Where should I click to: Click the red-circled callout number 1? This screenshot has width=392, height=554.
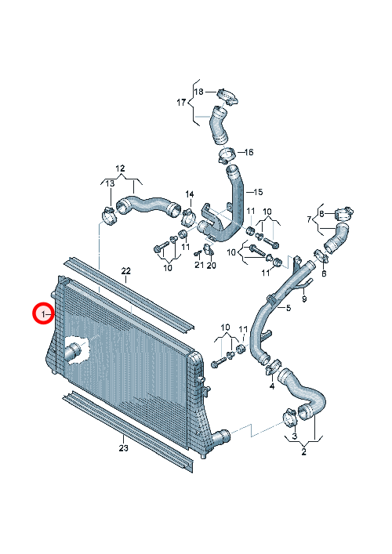[43, 313]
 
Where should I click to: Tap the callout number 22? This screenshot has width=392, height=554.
[126, 271]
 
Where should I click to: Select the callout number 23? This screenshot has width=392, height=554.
[123, 448]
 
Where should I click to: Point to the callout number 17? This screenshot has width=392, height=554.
[181, 103]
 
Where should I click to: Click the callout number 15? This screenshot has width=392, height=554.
[259, 192]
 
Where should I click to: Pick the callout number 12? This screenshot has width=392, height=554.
[120, 168]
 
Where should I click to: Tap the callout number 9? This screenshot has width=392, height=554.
[304, 299]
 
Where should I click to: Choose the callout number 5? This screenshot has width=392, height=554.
[289, 308]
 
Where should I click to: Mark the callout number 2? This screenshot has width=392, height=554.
[303, 451]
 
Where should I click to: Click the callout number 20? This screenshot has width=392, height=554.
[212, 265]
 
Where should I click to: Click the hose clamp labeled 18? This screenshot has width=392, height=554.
[227, 96]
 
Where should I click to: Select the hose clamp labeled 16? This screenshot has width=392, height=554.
[225, 155]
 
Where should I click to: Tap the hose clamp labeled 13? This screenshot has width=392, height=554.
[109, 215]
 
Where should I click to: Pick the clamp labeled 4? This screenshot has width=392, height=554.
[273, 367]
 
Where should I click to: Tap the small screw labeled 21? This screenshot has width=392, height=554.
[198, 252]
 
